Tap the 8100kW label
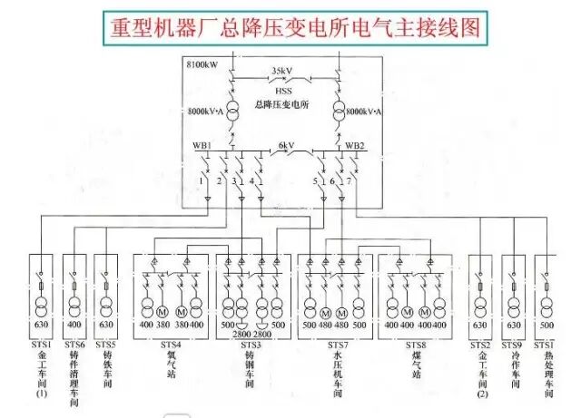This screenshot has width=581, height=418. (202, 64)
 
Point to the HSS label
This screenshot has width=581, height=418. (281, 89)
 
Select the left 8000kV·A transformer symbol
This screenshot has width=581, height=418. (232, 111)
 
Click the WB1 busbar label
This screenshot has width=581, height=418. (202, 145)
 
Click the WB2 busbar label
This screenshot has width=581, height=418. (355, 145)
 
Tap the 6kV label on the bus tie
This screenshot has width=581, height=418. (286, 145)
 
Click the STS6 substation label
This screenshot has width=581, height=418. (75, 345)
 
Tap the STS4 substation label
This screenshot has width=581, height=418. (171, 345)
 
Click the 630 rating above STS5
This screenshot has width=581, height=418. (106, 325)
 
